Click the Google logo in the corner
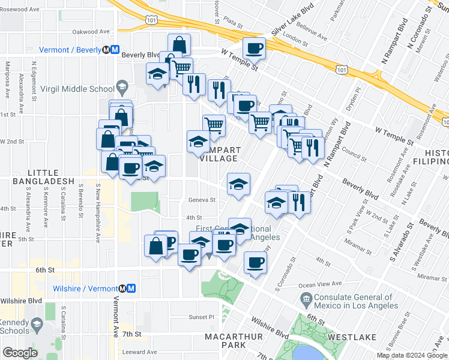point(20,353)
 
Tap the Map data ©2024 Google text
point(412,355)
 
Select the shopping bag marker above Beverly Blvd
point(179,44)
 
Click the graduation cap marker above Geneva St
point(238,184)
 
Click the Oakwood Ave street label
point(91,31)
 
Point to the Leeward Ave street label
point(139,352)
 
